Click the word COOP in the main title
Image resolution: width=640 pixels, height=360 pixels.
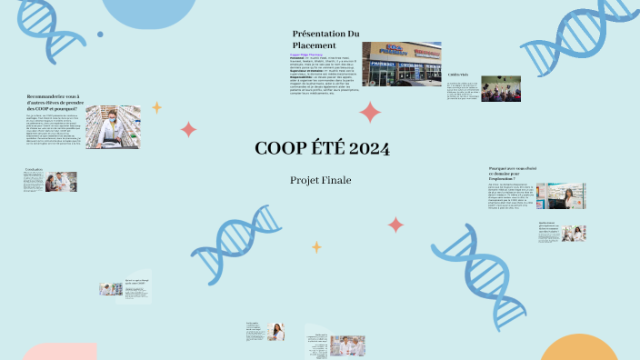pyautogui.click(x=282, y=149)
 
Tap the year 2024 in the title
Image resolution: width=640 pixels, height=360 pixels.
pyautogui.click(x=368, y=149)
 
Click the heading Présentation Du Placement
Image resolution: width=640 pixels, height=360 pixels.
pyautogui.click(x=325, y=39)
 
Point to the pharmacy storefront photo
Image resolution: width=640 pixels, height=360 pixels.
pyautogui.click(x=401, y=64)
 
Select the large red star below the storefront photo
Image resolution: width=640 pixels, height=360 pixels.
pyautogui.click(x=370, y=112)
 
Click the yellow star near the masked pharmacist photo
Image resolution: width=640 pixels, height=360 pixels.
pyautogui.click(x=156, y=107)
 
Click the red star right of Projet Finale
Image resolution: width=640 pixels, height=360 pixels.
pyautogui.click(x=395, y=224)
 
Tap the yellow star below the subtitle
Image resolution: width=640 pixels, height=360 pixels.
pyautogui.click(x=316, y=246)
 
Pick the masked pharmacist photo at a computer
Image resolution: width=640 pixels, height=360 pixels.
pyautogui.click(x=119, y=126)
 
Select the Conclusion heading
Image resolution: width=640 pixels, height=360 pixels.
pyautogui.click(x=34, y=170)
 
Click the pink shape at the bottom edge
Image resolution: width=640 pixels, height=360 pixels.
pyautogui.click(x=59, y=353)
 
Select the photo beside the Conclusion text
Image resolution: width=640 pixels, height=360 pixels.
pyautogui.click(x=62, y=181)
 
